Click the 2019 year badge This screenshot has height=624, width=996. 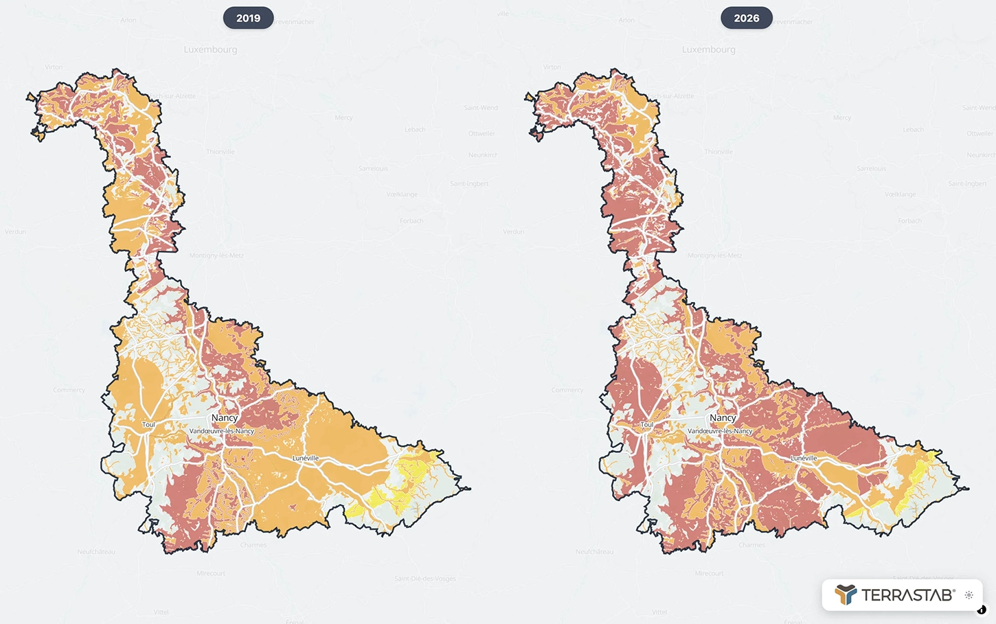pos(248,18)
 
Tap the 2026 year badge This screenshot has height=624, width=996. pos(746,18)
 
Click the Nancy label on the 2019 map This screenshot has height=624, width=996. pos(225,417)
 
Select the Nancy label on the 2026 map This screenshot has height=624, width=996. pos(723,417)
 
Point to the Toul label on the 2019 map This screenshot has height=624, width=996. pos(148,424)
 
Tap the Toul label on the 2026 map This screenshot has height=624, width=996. pos(646,424)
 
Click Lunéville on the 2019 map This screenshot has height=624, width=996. pos(306,458)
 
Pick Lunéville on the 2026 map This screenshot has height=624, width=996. pos(804,458)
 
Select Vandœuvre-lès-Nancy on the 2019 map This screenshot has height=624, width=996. pos(221,431)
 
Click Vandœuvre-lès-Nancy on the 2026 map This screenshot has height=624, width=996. pos(719,431)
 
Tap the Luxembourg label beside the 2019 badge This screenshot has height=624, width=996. pos(210,49)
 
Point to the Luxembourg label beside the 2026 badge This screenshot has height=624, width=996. pos(708,49)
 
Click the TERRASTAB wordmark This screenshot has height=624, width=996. pos(907,595)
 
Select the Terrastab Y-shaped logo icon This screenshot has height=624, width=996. pos(846,594)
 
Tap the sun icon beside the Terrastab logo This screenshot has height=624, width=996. pos(969,595)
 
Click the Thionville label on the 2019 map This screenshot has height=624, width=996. pos(220,152)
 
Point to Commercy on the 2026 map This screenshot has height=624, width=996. pos(567,390)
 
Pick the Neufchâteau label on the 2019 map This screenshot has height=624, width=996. pos(96,552)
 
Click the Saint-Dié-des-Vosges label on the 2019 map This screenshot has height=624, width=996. pos(425,579)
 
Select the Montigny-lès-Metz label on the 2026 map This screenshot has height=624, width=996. pos(714,255)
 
